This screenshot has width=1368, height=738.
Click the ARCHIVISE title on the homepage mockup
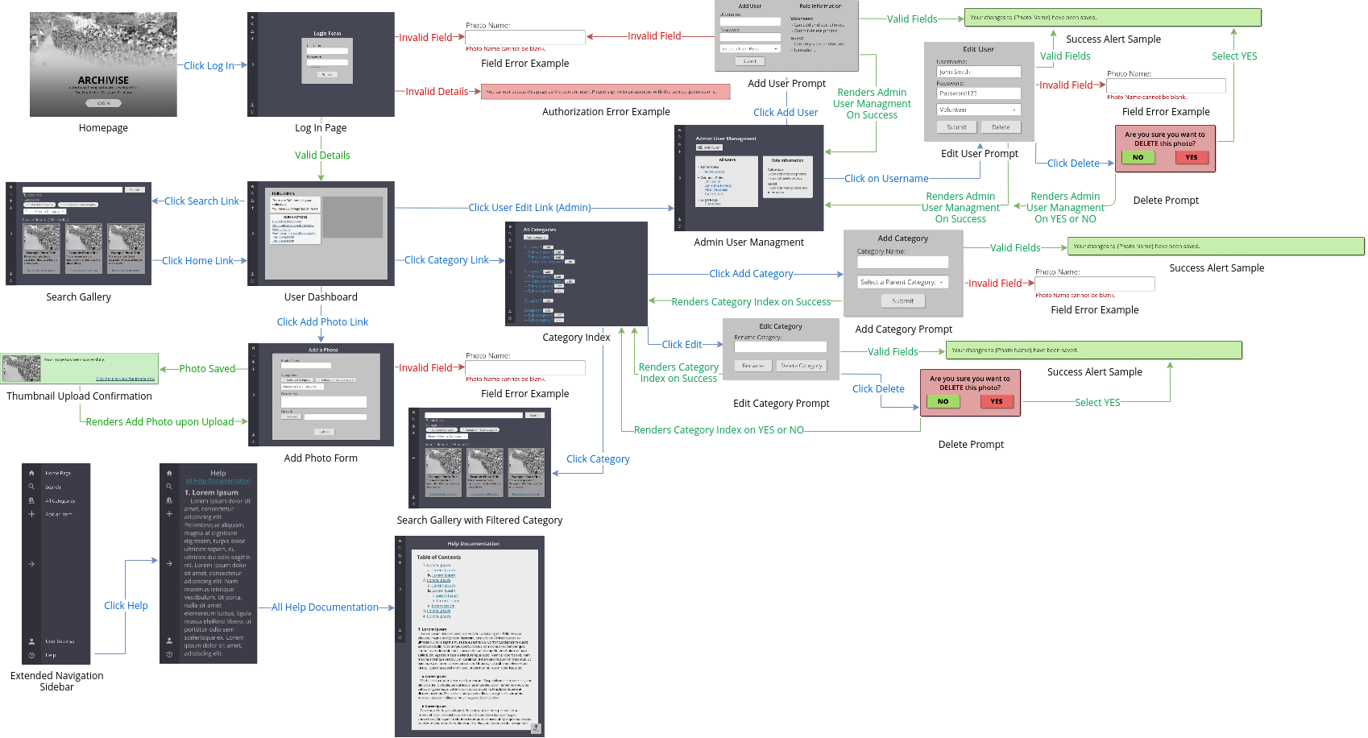point(103,80)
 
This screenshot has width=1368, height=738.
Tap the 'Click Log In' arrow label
point(209,66)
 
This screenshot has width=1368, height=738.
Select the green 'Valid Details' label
point(322,155)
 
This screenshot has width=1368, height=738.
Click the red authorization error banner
point(605,92)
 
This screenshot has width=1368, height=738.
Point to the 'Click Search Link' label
point(201,201)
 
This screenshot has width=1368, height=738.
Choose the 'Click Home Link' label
point(197,261)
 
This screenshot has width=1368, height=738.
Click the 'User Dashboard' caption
point(321,297)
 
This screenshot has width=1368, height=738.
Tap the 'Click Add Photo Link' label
point(322,322)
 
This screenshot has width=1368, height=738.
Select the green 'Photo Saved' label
point(207,369)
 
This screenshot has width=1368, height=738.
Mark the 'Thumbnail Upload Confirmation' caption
point(79,396)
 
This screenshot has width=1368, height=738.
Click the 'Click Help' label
point(126,606)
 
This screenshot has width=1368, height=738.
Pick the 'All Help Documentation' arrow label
point(325,607)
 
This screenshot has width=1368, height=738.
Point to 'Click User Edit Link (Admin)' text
point(529,208)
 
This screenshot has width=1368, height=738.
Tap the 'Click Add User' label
point(786,113)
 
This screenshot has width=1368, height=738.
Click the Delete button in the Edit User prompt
point(1001,127)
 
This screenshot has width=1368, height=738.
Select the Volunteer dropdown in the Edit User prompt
point(978,110)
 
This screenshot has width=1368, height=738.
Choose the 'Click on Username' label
point(886,179)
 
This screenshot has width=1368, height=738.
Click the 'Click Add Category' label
point(751,274)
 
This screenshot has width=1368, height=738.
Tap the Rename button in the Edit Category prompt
point(752,366)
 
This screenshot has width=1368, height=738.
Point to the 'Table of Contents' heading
point(438,558)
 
